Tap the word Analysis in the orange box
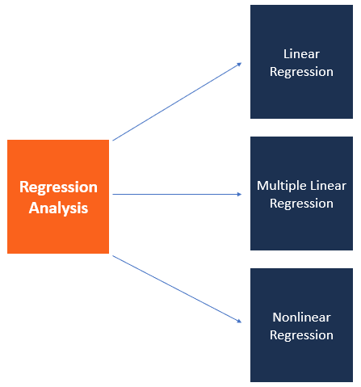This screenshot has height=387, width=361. pyautogui.click(x=58, y=208)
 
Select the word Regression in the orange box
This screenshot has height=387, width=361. pyautogui.click(x=58, y=187)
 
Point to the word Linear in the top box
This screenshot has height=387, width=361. pyautogui.click(x=301, y=54)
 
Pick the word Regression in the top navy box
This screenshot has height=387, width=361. pyautogui.click(x=301, y=72)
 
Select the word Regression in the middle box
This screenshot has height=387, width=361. pyautogui.click(x=301, y=204)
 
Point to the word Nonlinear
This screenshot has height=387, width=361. pyautogui.click(x=301, y=318)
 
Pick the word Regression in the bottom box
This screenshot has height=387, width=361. pyautogui.click(x=301, y=335)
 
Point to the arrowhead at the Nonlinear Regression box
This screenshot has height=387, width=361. pyautogui.click(x=238, y=322)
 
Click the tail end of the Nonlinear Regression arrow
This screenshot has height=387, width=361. pyautogui.click(x=114, y=256)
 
